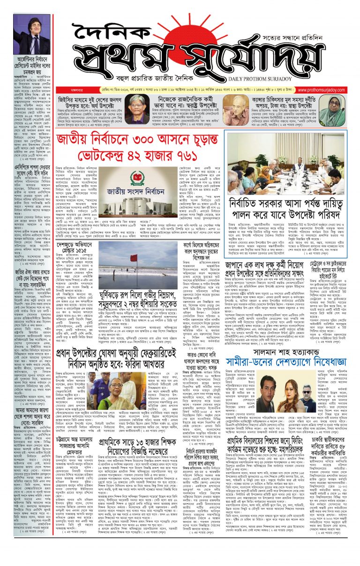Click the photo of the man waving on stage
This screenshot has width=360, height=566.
(31, 34)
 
